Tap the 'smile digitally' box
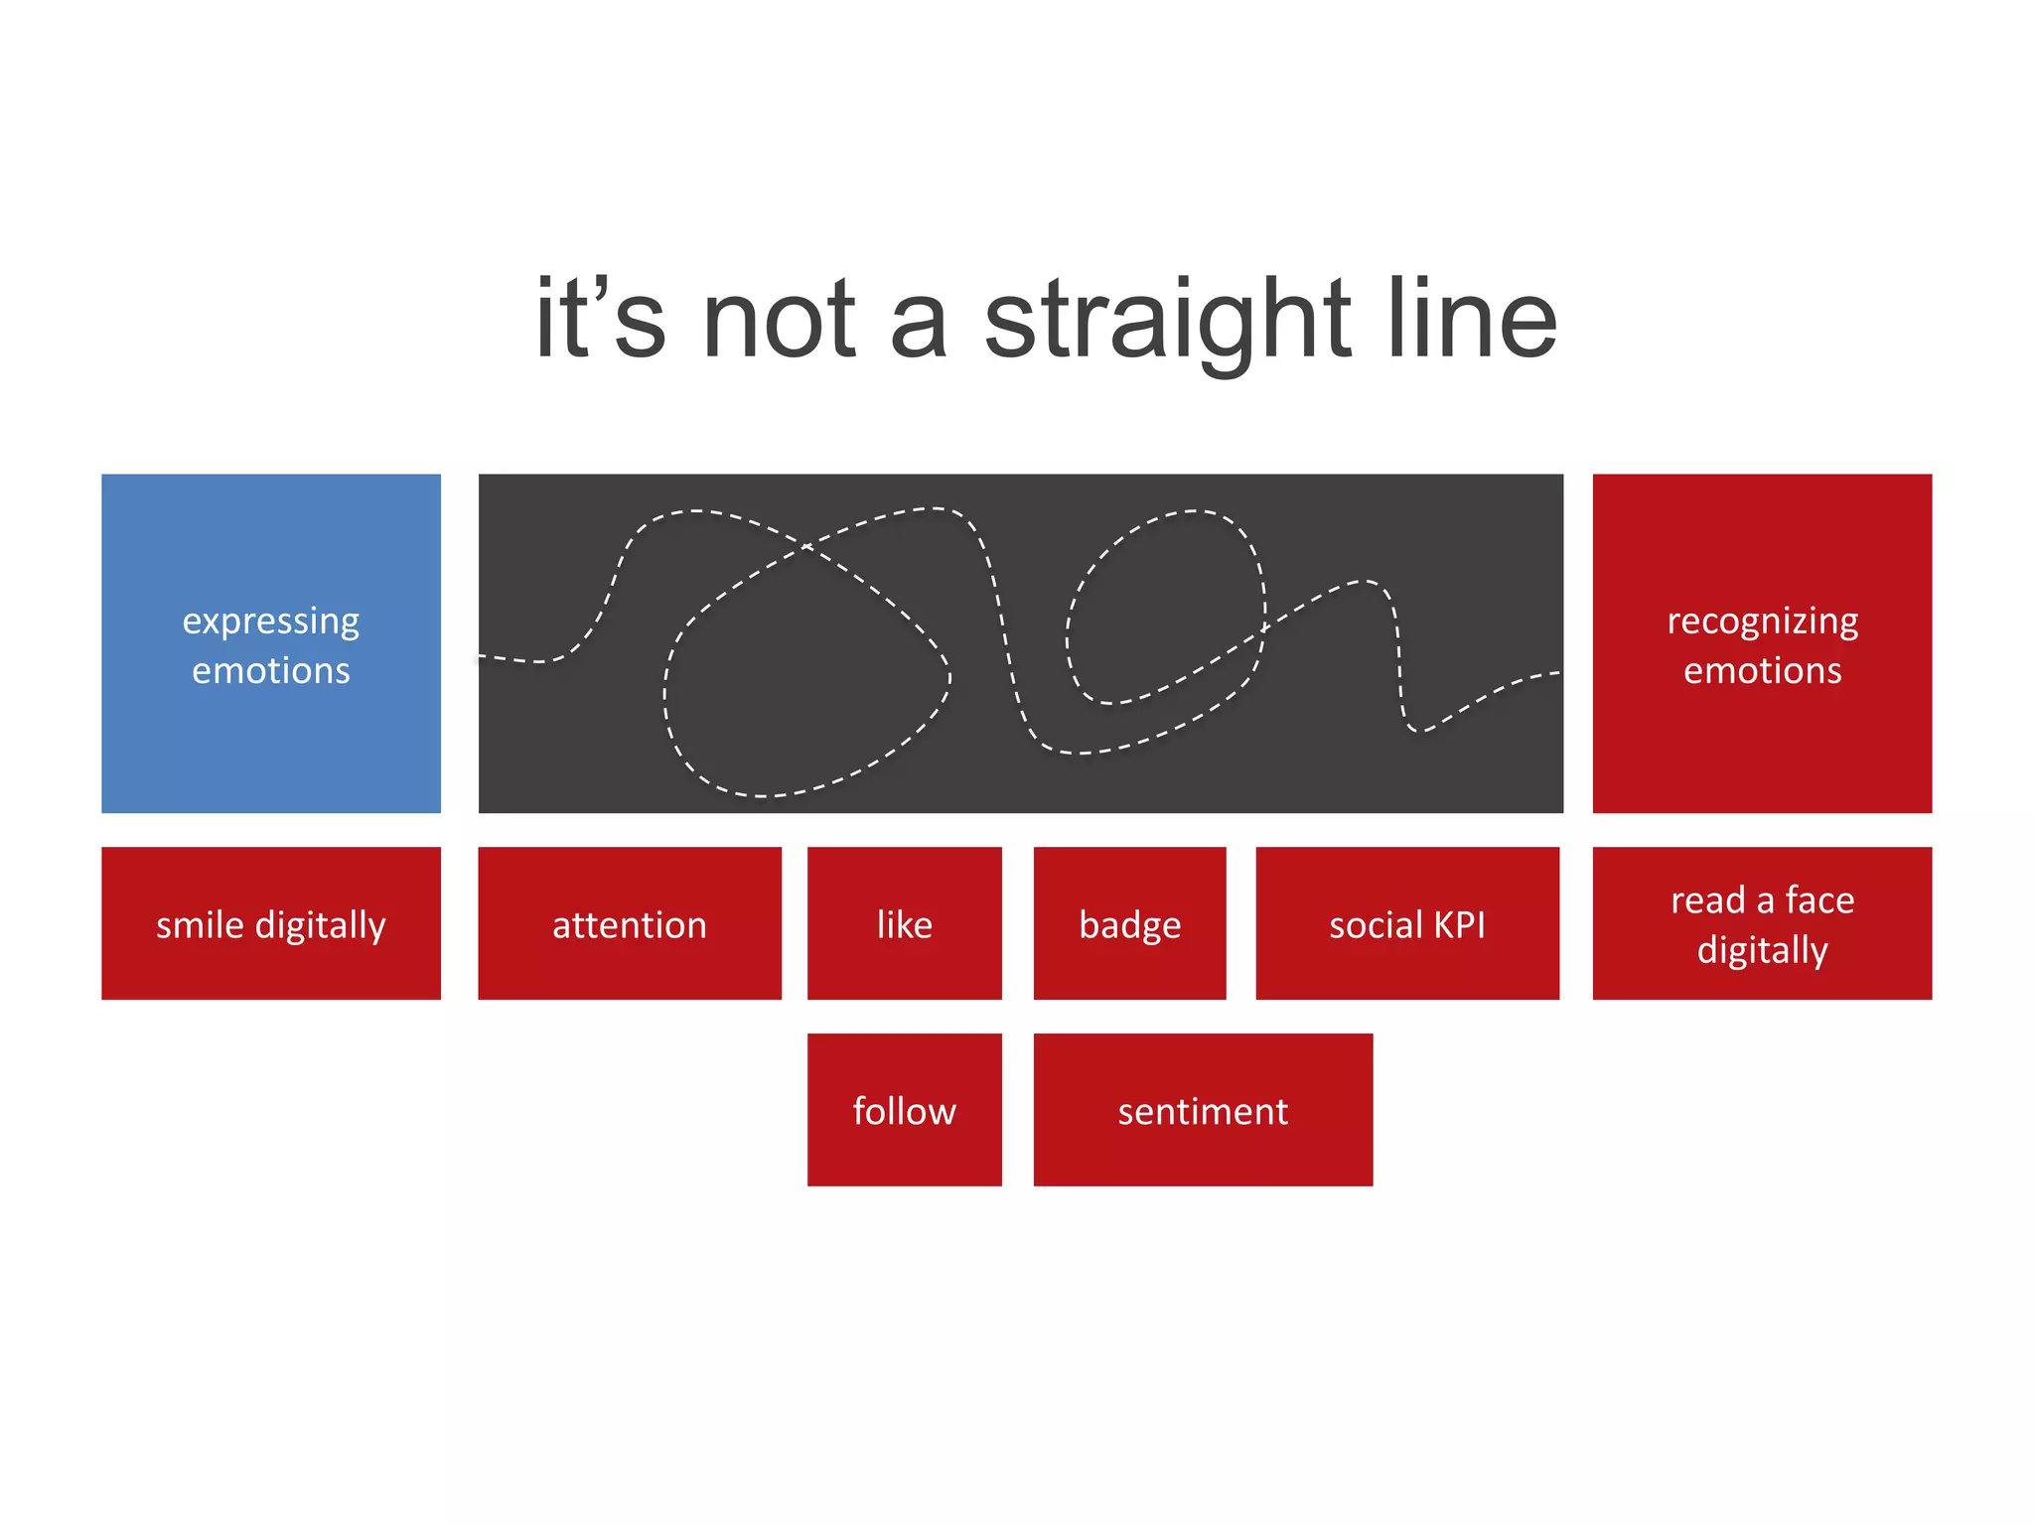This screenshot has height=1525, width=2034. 270,923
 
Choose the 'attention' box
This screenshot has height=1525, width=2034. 630,923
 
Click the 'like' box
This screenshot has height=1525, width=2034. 904,923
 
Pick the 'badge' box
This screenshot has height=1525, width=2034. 1129,923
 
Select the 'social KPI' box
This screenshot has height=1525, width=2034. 1407,923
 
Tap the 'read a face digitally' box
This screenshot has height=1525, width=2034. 1762,923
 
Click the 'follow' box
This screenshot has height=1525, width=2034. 904,1110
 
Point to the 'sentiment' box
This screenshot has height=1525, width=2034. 1203,1110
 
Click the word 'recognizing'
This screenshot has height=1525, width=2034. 1762,622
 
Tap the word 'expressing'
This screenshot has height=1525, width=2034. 270,622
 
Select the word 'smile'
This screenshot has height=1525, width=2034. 200,925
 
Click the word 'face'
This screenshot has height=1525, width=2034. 1819,901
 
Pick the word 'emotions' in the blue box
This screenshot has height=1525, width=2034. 270,671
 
